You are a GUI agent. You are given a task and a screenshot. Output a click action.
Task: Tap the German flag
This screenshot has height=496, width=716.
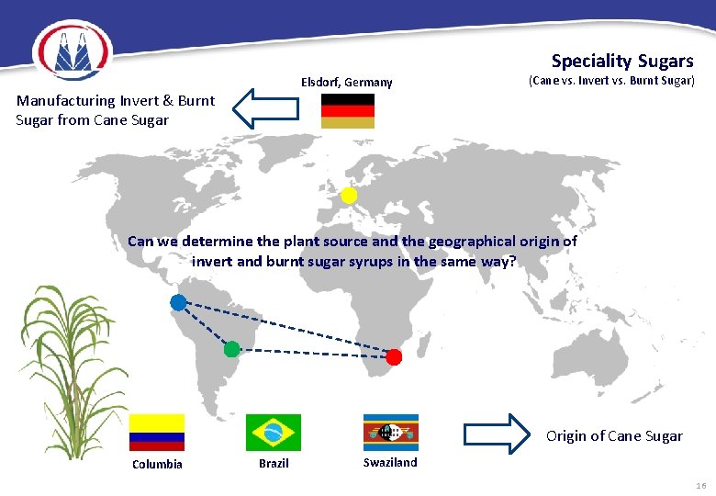pyautogui.click(x=347, y=110)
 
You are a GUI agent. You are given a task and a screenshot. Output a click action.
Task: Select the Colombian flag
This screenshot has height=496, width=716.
pyautogui.click(x=156, y=432)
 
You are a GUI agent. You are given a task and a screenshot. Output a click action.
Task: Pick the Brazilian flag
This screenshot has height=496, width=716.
pyautogui.click(x=273, y=432)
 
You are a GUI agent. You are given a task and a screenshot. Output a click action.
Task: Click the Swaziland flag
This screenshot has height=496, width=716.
pyautogui.click(x=390, y=432)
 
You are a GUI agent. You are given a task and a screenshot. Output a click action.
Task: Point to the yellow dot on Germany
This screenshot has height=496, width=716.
pyautogui.click(x=349, y=196)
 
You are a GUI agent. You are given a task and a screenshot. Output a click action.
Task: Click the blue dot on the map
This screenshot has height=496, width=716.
pyautogui.click(x=178, y=302)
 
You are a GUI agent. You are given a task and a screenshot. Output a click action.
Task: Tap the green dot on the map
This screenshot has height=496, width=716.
pyautogui.click(x=231, y=349)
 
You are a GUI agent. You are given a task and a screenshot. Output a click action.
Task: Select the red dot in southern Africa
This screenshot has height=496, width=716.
pyautogui.click(x=394, y=356)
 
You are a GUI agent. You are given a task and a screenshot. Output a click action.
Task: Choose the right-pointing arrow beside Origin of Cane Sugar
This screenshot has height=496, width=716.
pyautogui.click(x=497, y=433)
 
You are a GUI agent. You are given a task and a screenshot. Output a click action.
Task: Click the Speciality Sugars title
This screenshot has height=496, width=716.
pyautogui.click(x=621, y=62)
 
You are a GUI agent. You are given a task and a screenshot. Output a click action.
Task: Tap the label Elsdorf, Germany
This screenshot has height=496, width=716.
pyautogui.click(x=346, y=83)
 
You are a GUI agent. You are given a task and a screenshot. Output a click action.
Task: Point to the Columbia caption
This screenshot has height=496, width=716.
pyautogui.click(x=157, y=464)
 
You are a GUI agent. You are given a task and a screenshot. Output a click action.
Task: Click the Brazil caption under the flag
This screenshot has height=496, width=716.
pyautogui.click(x=274, y=463)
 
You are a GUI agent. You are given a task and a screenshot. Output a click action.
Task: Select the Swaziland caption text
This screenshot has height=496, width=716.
pyautogui.click(x=389, y=462)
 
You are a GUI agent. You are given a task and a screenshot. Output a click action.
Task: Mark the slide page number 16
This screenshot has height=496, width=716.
pyautogui.click(x=700, y=485)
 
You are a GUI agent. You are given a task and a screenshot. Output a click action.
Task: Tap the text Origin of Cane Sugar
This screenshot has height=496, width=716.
pyautogui.click(x=614, y=435)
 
